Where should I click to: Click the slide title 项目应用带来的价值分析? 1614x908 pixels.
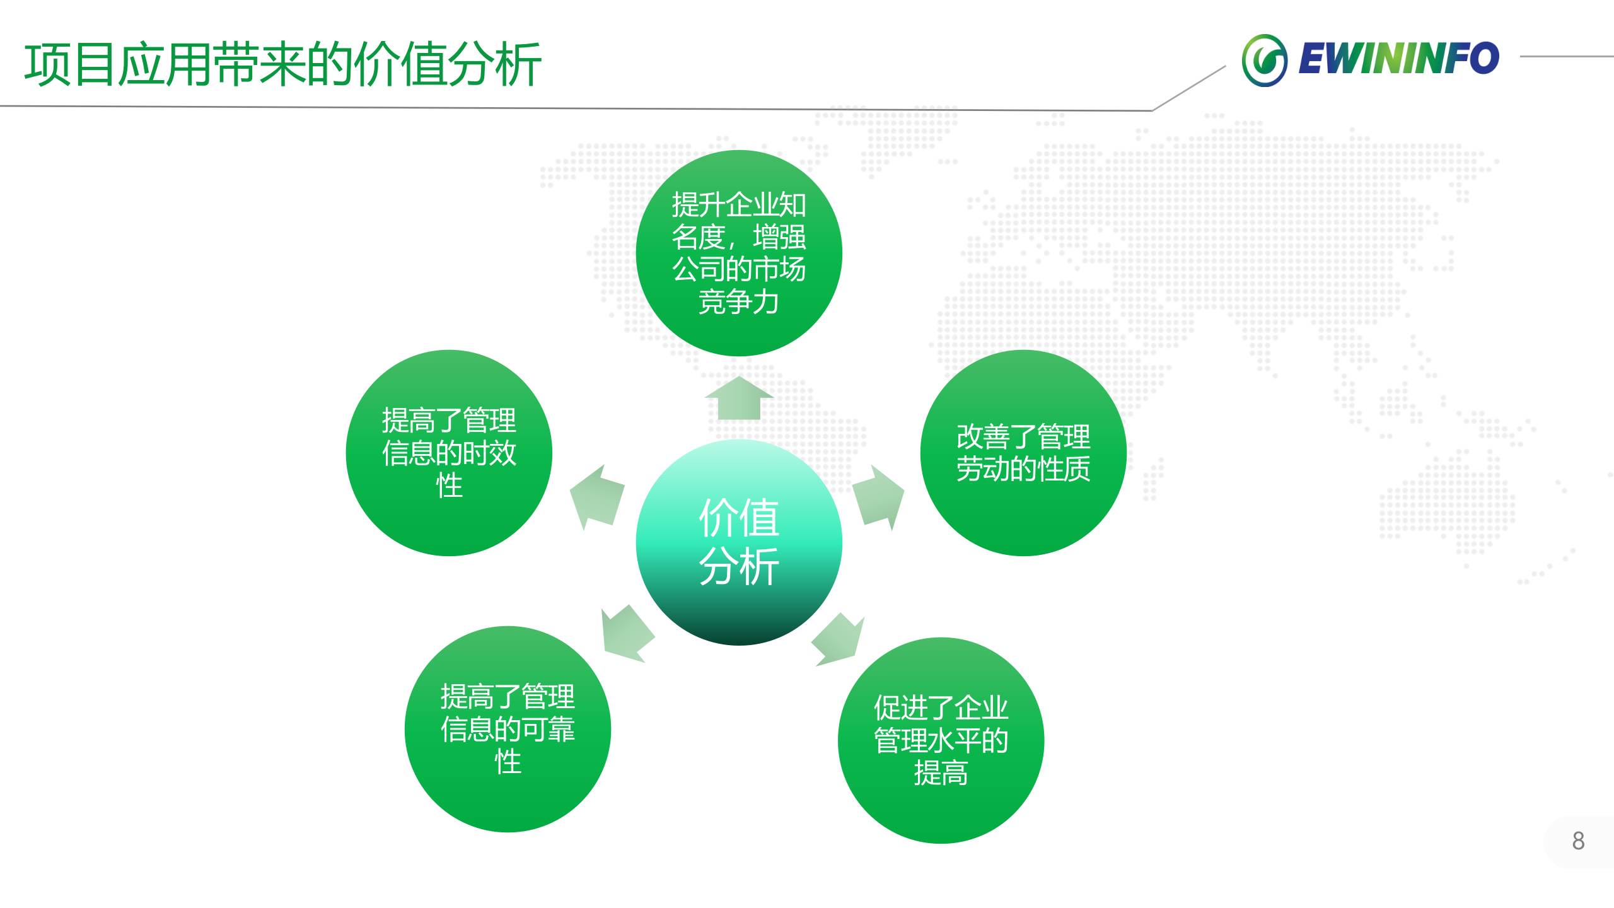[x=282, y=64]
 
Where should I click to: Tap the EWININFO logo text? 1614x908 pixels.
[x=1398, y=59]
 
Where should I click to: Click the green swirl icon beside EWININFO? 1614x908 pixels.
[x=1264, y=61]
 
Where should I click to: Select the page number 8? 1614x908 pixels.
[x=1578, y=841]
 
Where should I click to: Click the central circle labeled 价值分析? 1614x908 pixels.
[x=739, y=542]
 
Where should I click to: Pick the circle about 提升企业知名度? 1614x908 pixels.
[x=739, y=252]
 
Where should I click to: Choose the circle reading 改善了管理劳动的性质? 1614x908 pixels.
[x=1023, y=453]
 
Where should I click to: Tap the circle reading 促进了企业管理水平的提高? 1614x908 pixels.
[x=941, y=740]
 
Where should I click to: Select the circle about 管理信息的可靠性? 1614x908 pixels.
[x=508, y=729]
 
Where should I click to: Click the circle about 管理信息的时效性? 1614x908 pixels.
[x=449, y=453]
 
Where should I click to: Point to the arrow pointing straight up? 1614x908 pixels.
[x=739, y=399]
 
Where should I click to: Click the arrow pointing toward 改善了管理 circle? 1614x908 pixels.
[x=879, y=497]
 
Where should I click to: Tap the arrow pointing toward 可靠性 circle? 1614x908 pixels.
[x=625, y=634]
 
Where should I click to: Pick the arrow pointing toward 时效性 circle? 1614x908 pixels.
[x=596, y=497]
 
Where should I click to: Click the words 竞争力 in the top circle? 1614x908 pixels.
[x=739, y=301]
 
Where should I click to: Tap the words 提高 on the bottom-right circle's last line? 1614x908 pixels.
[x=941, y=773]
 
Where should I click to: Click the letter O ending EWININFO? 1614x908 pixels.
[x=1485, y=58]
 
